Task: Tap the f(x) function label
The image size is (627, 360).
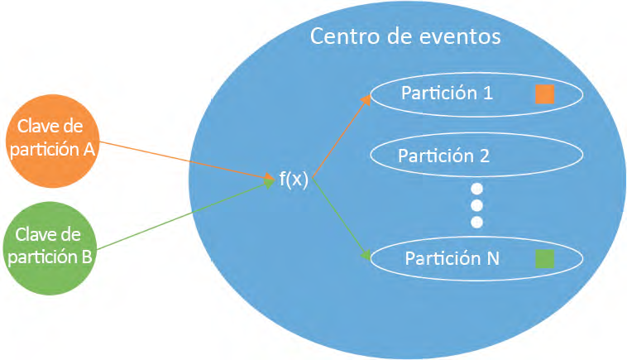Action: pos(293,180)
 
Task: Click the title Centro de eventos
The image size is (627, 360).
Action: pos(404,37)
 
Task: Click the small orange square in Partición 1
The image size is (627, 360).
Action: pos(544,94)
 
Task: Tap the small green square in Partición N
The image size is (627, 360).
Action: pos(544,259)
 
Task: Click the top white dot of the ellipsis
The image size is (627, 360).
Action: pos(476,189)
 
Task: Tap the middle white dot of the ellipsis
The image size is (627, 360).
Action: pos(476,205)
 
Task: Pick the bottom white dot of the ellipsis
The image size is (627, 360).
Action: pos(476,222)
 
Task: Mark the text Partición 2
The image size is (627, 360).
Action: pos(443,156)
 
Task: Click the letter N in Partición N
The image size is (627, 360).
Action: pos(492,258)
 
